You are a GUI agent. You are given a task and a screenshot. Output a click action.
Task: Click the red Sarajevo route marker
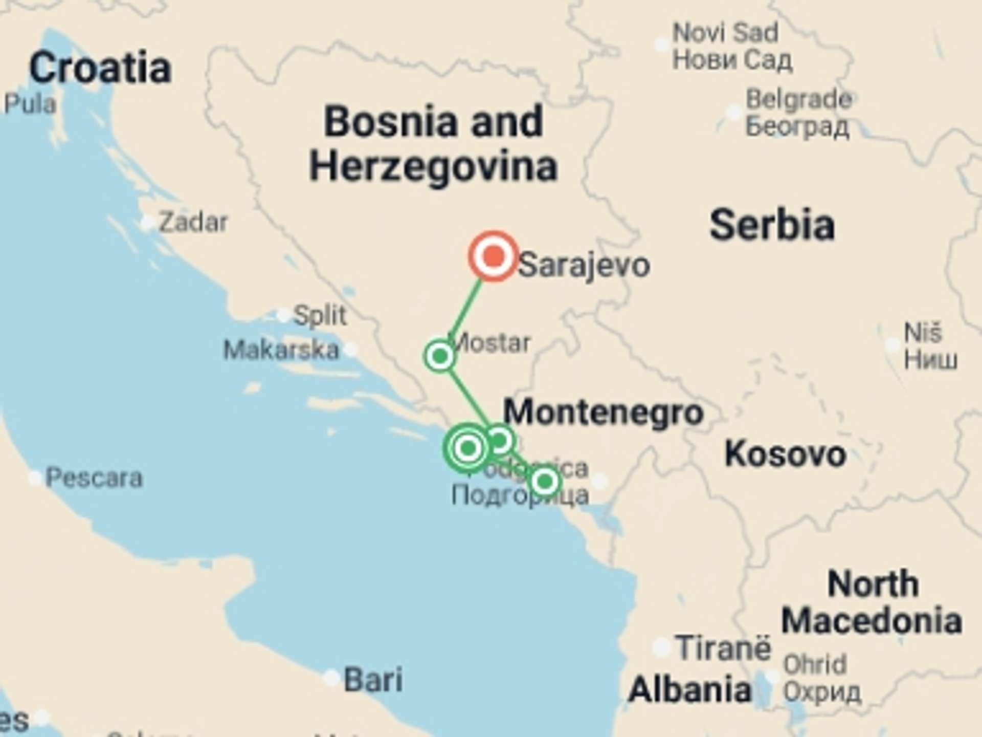click(x=493, y=256)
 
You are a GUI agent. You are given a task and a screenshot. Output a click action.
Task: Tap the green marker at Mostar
click(x=439, y=356)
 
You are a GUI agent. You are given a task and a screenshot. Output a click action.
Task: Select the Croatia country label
click(x=100, y=68)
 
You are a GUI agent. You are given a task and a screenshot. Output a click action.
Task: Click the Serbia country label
click(x=772, y=225)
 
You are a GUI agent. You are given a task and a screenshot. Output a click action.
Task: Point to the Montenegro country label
click(x=604, y=413)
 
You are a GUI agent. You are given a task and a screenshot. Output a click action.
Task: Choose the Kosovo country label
click(x=785, y=454)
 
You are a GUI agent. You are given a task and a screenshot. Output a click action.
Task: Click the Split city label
click(x=320, y=315)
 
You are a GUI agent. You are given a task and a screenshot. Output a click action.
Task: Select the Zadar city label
click(x=193, y=223)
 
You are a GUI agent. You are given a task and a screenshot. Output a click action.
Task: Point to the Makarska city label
click(x=281, y=351)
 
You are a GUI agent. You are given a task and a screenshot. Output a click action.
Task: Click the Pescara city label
click(x=94, y=478)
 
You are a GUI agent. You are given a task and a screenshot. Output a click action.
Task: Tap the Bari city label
click(x=373, y=680)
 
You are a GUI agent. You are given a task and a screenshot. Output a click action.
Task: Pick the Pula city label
click(x=30, y=104)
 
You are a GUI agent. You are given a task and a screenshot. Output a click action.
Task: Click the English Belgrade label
click(x=798, y=99)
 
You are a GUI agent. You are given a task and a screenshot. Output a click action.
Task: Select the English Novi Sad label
click(x=725, y=33)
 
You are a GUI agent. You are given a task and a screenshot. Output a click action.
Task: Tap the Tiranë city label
click(x=723, y=648)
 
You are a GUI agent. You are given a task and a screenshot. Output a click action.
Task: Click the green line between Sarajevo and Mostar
click(x=466, y=306)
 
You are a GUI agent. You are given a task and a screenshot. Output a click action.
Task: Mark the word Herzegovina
click(x=433, y=166)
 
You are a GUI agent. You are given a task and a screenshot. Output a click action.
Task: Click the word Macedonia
click(x=872, y=621)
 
